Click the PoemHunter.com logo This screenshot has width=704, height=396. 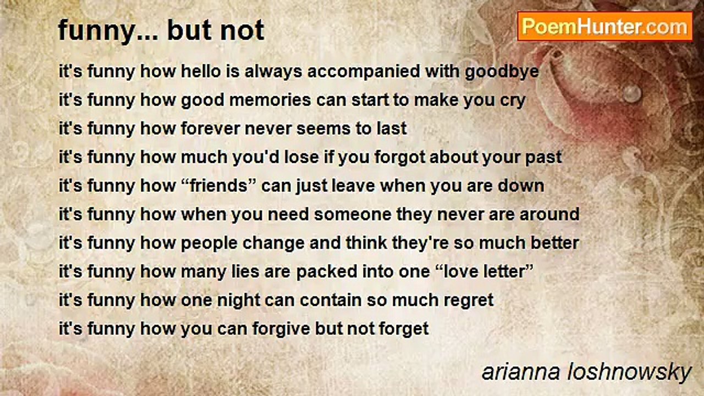click(x=604, y=26)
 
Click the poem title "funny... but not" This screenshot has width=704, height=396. click(x=161, y=30)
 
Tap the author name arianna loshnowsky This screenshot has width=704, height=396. click(x=586, y=372)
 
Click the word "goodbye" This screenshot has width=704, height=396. click(x=502, y=71)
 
